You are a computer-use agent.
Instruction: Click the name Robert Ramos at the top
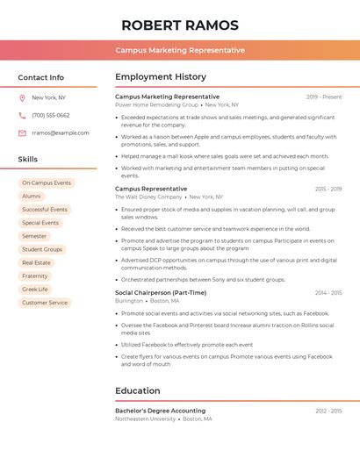[180, 24]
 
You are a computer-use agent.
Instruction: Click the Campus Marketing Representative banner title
[180, 50]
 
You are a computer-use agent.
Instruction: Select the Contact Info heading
[41, 77]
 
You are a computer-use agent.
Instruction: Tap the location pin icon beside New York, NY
[22, 97]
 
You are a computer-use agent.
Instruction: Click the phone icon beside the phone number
[22, 115]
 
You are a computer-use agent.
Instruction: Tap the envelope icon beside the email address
[22, 132]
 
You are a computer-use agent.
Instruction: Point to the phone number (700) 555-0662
[51, 115]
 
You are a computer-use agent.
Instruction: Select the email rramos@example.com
[61, 132]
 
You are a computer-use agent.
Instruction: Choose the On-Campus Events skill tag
[47, 182]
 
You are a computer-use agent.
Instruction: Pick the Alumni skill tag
[32, 197]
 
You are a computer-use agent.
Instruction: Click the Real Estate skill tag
[37, 262]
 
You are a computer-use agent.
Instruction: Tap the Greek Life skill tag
[35, 289]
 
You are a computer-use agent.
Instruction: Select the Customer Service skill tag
[45, 303]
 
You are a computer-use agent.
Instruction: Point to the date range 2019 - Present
[324, 97]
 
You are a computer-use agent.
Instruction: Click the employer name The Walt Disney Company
[148, 197]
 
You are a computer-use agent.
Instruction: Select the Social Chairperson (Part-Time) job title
[161, 292]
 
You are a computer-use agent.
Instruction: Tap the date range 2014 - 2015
[328, 292]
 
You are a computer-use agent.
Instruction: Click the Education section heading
[138, 390]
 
